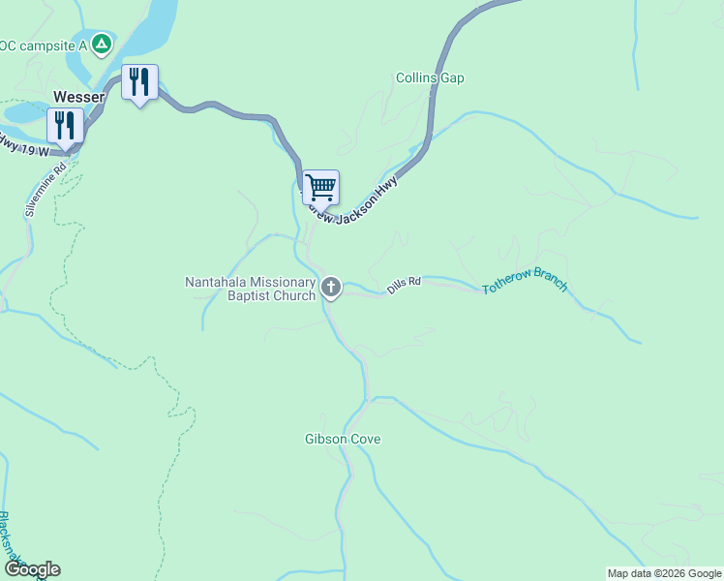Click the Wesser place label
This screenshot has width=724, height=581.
(79, 97)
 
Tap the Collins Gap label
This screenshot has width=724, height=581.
(430, 77)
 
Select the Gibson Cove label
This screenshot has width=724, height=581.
(343, 439)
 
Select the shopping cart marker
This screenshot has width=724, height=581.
(320, 185)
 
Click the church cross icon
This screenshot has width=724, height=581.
(331, 286)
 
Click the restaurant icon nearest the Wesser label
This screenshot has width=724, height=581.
(65, 125)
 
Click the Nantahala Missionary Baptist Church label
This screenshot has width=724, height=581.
(251, 289)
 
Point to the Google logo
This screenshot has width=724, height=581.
(31, 569)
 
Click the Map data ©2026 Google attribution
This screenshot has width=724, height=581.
(664, 573)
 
